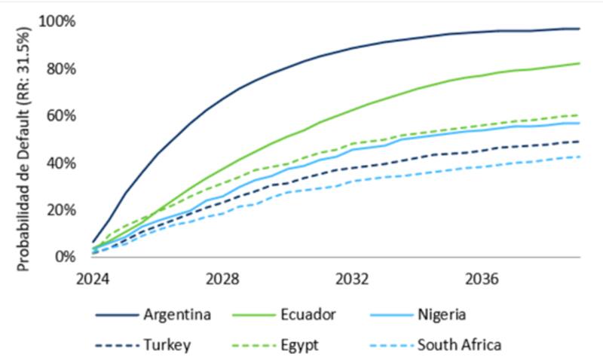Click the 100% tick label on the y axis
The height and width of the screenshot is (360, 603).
[x=57, y=21]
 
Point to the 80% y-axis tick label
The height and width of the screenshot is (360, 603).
[x=60, y=69]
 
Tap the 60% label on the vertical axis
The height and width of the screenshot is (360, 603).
[x=60, y=115]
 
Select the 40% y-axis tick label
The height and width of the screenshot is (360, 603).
[x=60, y=163]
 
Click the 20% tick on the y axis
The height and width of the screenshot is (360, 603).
[x=60, y=209]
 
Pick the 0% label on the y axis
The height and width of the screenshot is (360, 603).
[x=64, y=257]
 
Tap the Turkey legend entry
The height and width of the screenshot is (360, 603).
[x=166, y=345]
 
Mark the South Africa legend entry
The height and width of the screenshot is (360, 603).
[x=459, y=345]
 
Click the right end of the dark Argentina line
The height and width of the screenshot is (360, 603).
[x=579, y=29]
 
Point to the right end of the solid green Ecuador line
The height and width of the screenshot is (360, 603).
[x=579, y=63]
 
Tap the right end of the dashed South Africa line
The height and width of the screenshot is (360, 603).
[x=579, y=157]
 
